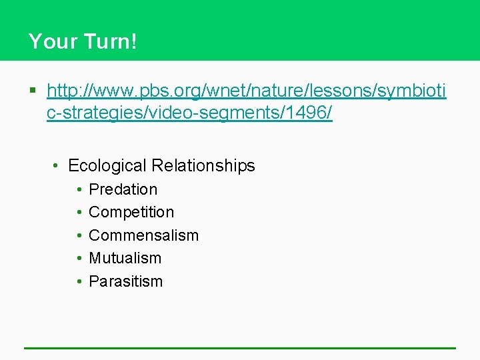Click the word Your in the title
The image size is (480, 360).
pos(52,42)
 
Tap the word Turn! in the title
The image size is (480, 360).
pos(110,42)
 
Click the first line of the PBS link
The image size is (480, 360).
pos(247,90)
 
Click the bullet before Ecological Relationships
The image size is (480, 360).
pos(57,165)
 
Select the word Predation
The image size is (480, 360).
pos(123,189)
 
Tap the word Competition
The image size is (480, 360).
pos(131,212)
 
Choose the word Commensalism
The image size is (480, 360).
pos(143,235)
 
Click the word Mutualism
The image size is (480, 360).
pos(125,258)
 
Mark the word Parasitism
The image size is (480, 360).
pos(125,281)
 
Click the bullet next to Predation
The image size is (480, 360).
pos(79,189)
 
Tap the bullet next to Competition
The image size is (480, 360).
pos(79,212)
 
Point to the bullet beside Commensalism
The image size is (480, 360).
pos(79,235)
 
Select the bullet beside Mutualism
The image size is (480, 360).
pos(79,258)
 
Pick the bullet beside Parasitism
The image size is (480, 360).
pos(79,281)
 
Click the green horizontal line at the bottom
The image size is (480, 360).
pos(240,348)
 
